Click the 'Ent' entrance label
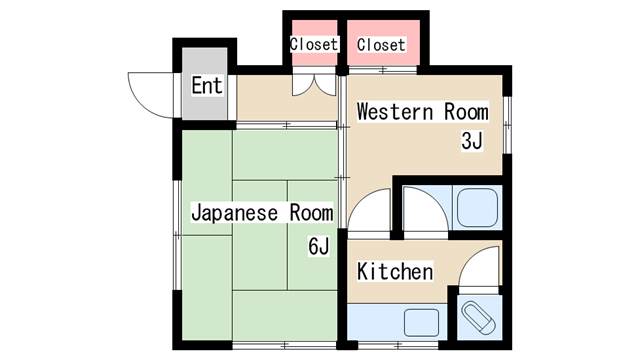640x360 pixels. (207, 86)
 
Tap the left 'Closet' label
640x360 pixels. (314, 44)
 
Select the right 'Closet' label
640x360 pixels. (381, 44)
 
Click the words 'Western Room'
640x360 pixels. (422, 111)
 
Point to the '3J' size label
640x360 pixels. (472, 141)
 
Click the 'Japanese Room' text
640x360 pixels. (262, 213)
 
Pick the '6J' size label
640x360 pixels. (318, 246)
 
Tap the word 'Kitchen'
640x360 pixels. (395, 271)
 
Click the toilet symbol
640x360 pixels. (479, 318)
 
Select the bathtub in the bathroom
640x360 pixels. (477, 208)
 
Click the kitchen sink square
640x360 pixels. (422, 322)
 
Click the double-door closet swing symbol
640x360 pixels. (314, 85)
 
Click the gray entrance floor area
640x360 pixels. (204, 84)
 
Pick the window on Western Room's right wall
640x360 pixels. (507, 125)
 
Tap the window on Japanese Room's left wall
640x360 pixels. (177, 235)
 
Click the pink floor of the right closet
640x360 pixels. (383, 42)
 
